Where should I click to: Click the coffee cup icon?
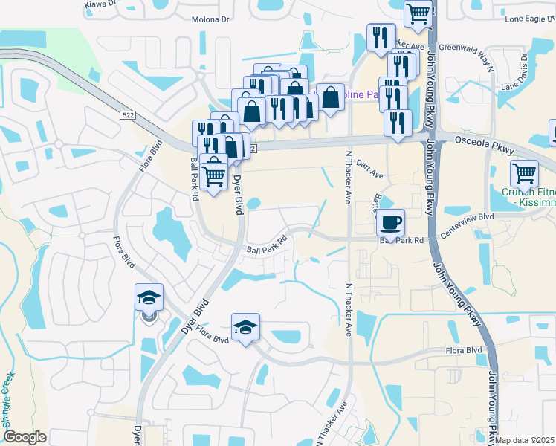391,222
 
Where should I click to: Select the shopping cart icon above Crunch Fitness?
525,173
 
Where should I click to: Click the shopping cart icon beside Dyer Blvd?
214,175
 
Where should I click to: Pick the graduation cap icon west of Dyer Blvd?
149,298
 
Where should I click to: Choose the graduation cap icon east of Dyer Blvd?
245,326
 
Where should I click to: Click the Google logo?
25,437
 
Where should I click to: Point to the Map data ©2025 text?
523,440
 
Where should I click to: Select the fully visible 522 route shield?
129,113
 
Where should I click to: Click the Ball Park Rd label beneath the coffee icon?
401,241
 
